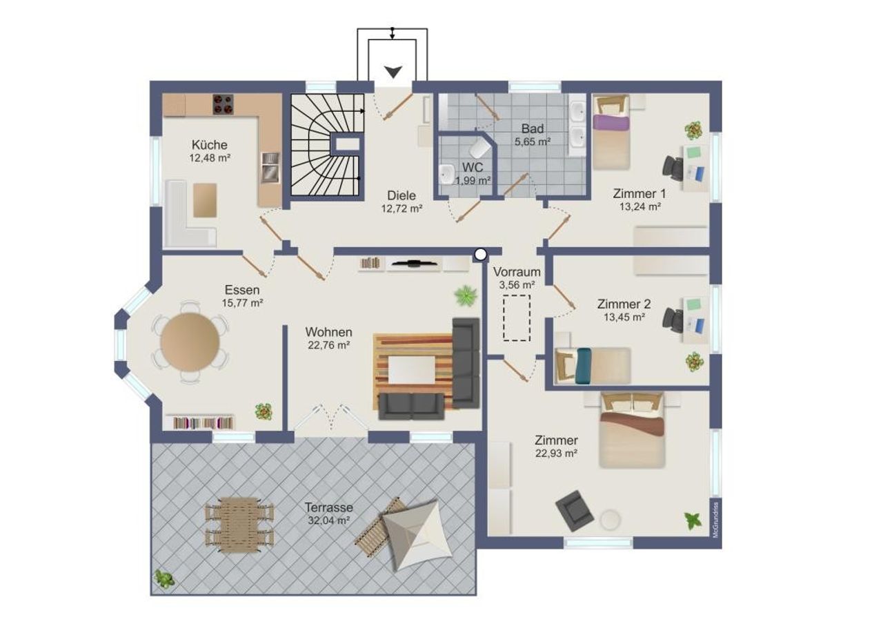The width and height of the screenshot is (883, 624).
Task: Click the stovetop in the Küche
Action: pyautogui.click(x=223, y=104)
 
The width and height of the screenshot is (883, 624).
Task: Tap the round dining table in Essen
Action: pyautogui.click(x=190, y=342)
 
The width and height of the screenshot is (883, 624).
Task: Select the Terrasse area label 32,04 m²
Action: pyautogui.click(x=329, y=520)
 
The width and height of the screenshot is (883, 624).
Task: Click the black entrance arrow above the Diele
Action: pyautogui.click(x=393, y=72)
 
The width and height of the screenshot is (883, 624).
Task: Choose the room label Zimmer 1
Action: pyautogui.click(x=639, y=194)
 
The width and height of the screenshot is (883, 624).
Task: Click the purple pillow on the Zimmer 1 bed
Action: pyautogui.click(x=611, y=122)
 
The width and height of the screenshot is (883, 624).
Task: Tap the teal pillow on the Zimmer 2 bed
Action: pyautogui.click(x=584, y=366)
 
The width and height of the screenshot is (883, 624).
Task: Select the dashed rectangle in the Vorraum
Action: pyautogui.click(x=517, y=318)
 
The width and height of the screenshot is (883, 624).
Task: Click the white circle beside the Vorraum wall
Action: pyautogui.click(x=480, y=255)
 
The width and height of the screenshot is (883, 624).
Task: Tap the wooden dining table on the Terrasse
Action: pyautogui.click(x=239, y=525)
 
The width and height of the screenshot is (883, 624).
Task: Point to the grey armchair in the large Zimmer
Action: pyautogui.click(x=575, y=511)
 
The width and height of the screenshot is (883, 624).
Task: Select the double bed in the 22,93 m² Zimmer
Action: pyautogui.click(x=632, y=430)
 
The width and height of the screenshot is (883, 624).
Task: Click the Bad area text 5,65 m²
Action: pyautogui.click(x=533, y=142)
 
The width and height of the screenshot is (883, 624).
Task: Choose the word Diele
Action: pyautogui.click(x=401, y=195)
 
